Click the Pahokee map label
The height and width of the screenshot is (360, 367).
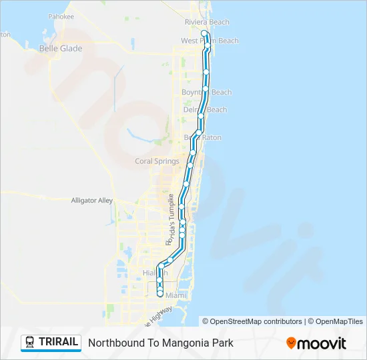pos(61,16)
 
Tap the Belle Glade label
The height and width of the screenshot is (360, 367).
pos(61,49)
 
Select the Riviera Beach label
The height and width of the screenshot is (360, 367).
pos(207,22)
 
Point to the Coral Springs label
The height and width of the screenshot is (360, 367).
pos(157,161)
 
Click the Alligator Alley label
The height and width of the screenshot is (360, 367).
pos(92,200)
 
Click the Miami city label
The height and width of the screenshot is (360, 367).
pos(175,295)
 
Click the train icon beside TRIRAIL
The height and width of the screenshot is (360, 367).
pos(29,343)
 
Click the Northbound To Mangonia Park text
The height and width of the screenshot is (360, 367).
pos(161,343)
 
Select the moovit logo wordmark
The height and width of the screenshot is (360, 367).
pos(322,343)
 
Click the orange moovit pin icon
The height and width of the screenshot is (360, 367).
pos(291,343)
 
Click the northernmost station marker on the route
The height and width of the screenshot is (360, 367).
pos(204,33)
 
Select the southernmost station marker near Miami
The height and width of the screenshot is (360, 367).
pos(160,293)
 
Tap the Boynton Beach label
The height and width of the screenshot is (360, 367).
pos(207,92)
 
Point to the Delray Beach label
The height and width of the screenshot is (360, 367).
pos(205,109)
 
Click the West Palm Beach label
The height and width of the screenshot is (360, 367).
pos(210,41)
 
